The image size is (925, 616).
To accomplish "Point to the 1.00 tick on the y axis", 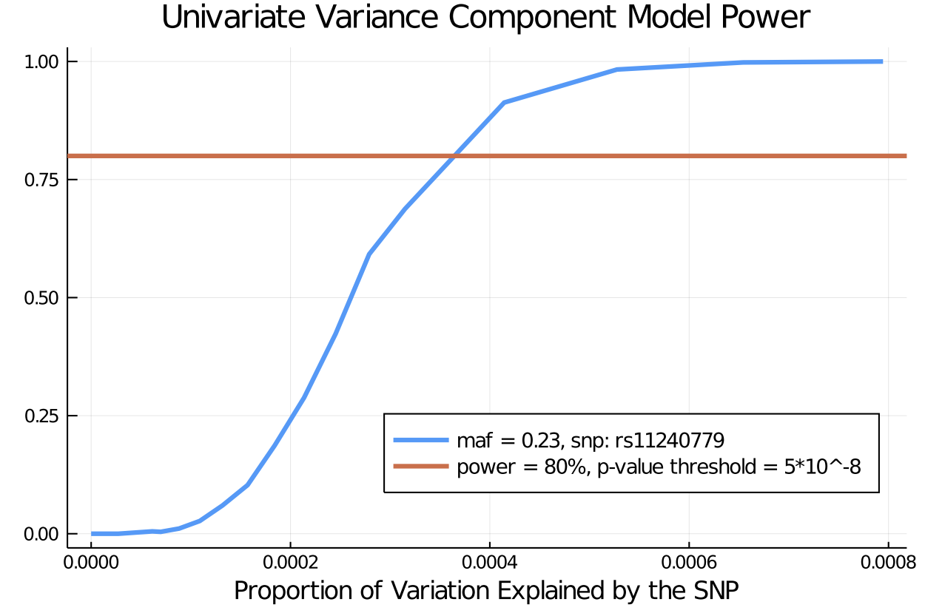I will (41, 61).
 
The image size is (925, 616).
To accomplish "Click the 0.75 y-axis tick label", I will (41, 180).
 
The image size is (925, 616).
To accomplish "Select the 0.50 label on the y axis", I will (41, 298).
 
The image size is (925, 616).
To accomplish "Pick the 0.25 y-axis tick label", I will (41, 416).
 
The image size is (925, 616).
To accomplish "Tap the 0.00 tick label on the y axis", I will (41, 534).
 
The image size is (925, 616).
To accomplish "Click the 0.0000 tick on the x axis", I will (91, 562).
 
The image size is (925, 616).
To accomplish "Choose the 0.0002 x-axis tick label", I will (290, 562).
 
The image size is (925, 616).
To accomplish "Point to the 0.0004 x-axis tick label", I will (489, 562).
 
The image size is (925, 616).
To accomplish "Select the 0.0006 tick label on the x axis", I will (689, 562).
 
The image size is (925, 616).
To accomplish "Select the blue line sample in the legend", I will (420, 440).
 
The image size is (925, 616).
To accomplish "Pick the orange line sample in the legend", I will (420, 466).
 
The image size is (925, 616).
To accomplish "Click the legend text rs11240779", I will (670, 441).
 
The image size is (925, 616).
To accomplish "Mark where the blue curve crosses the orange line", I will (455, 156).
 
